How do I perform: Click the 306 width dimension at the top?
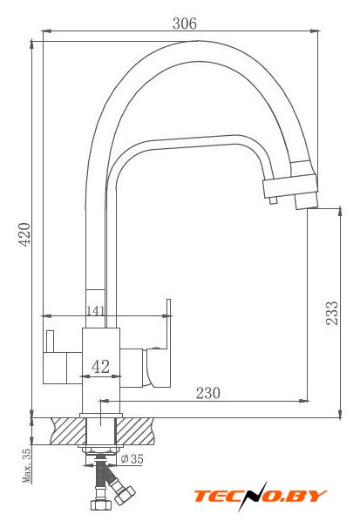(184, 24)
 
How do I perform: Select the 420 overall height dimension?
(24, 234)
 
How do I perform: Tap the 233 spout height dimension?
(331, 313)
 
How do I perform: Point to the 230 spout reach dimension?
(208, 393)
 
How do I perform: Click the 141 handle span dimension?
(96, 310)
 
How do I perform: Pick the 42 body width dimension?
(100, 366)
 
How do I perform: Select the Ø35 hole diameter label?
(132, 458)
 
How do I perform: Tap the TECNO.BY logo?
(260, 496)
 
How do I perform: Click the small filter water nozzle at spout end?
(273, 200)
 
